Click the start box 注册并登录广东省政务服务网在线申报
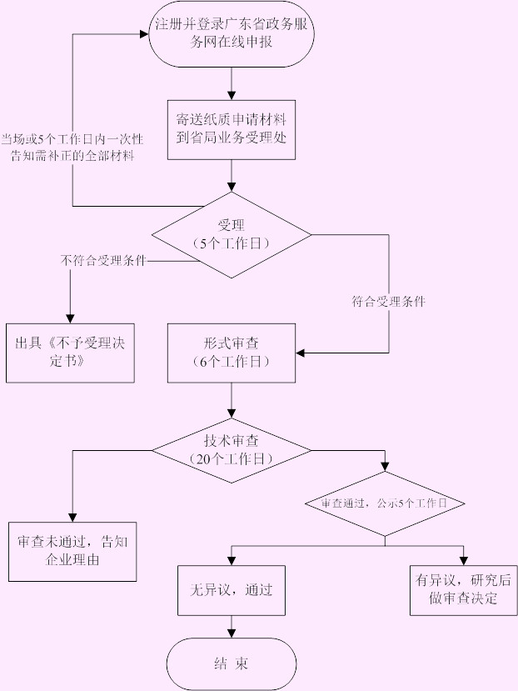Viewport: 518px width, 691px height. tap(232, 34)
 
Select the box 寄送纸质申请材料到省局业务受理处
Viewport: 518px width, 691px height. tap(232, 130)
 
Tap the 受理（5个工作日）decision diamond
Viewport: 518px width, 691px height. tap(232, 235)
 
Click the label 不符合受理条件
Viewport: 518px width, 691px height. tap(103, 260)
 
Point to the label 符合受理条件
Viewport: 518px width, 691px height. tap(388, 302)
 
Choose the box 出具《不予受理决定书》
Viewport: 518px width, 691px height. tap(70, 353)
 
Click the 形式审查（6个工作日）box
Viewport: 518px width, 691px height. tap(232, 353)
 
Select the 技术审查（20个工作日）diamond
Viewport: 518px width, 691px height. tap(232, 450)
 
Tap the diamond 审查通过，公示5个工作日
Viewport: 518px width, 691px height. tap(385, 503)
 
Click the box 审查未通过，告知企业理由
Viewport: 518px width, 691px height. tap(72, 552)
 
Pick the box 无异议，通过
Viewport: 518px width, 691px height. tap(232, 590)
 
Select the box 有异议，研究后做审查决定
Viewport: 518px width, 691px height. tap(463, 590)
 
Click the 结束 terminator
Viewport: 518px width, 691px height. tap(232, 663)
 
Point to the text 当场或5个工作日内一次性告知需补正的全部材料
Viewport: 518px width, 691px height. tap(72, 148)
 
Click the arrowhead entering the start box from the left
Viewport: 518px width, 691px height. tap(144, 34)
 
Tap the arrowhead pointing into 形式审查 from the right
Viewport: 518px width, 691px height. tap(301, 353)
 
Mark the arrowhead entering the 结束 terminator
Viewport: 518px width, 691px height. tap(232, 633)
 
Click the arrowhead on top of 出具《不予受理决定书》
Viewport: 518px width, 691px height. tap(70, 319)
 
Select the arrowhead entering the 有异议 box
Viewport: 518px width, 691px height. tap(463, 561)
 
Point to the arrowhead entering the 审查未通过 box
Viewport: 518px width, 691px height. tap(72, 518)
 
